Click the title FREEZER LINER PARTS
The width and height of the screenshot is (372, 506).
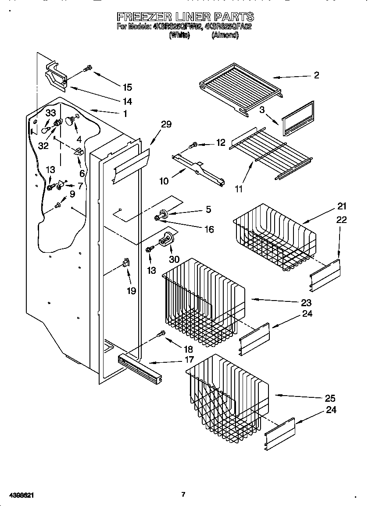point(185,17)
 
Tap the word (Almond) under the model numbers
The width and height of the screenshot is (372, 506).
point(225,36)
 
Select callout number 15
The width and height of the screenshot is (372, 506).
point(127,87)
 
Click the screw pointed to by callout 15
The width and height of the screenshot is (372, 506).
point(87,68)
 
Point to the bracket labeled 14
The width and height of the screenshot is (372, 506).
point(55,77)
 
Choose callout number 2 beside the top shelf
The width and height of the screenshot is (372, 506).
point(316,75)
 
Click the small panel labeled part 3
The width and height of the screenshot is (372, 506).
point(298,118)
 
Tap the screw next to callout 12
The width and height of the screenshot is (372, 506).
point(193,145)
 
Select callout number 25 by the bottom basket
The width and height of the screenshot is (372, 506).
point(330,398)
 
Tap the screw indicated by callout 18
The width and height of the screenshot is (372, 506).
point(162,334)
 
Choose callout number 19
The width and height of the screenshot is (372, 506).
point(131,290)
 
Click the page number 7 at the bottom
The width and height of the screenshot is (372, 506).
point(183,495)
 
